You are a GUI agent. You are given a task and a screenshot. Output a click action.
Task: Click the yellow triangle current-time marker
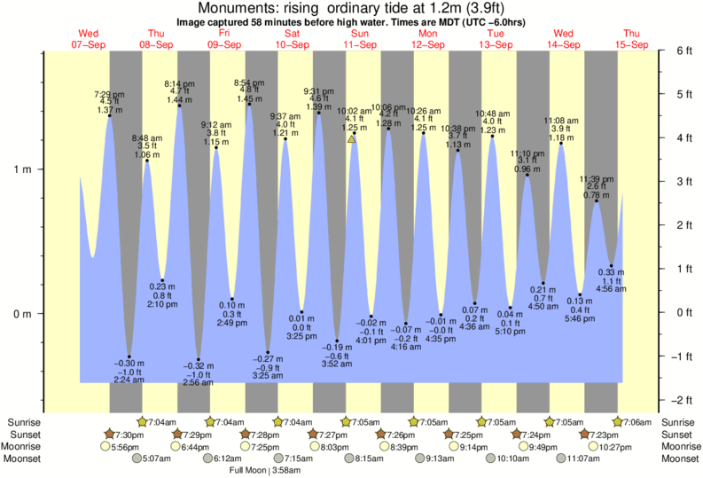point(352,139)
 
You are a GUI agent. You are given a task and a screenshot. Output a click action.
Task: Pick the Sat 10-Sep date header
point(293,39)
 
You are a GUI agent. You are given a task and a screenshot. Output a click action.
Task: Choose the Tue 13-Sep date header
point(496,39)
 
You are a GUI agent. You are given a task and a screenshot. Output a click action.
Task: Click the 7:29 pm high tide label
point(109,94)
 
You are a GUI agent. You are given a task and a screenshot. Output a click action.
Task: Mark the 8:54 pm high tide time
point(249,82)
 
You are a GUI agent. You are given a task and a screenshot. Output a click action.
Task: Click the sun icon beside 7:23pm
point(585,435)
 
